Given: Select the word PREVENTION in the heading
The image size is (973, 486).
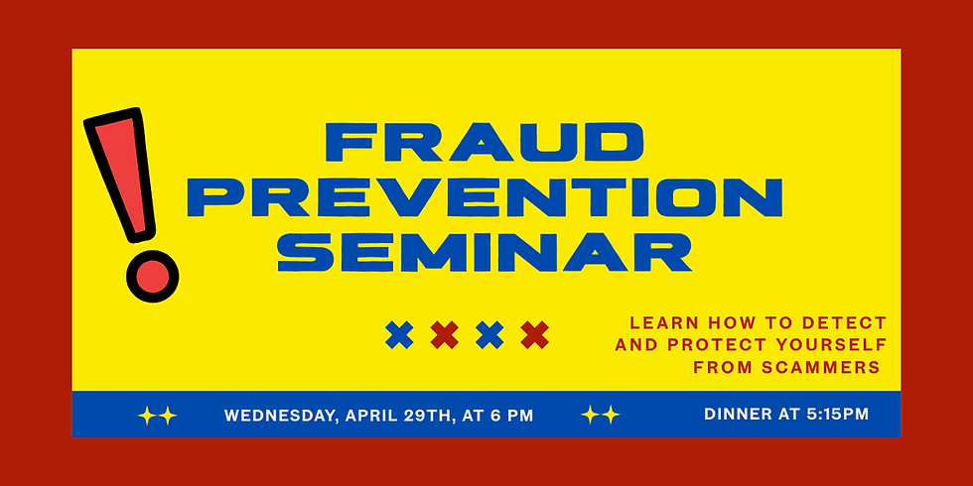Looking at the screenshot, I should (x=485, y=196).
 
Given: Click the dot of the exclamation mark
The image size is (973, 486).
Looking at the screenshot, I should (x=152, y=275).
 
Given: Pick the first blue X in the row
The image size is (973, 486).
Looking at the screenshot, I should (x=399, y=335).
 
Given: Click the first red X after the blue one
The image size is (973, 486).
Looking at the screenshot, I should (x=445, y=335).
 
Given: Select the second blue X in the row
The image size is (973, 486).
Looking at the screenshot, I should (x=489, y=335).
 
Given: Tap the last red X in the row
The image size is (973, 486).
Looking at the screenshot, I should (x=535, y=335).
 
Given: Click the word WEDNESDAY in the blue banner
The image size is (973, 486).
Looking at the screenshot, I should (x=280, y=415).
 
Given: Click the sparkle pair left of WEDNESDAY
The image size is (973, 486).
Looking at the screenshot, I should (x=157, y=416).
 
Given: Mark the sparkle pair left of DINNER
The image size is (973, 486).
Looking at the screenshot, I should (x=601, y=415).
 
